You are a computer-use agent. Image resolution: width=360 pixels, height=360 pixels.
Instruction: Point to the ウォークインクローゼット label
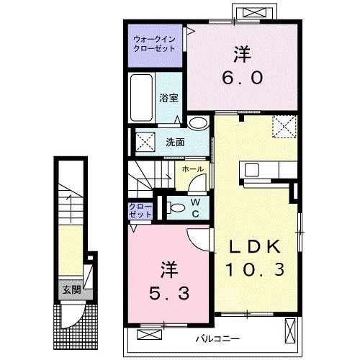pos(156,45)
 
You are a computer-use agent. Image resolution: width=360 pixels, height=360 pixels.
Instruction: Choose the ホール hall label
pos(192,169)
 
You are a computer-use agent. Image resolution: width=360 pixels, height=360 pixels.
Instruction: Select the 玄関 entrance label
pos(71,289)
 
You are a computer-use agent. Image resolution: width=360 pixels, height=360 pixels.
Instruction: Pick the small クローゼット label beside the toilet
pos(140,210)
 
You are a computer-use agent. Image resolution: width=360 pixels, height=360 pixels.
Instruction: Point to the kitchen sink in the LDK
pos(253,170)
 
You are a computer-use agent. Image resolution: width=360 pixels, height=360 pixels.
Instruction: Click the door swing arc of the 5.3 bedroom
pos(197,238)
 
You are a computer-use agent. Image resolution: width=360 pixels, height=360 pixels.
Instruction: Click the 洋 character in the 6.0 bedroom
pos(241,53)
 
